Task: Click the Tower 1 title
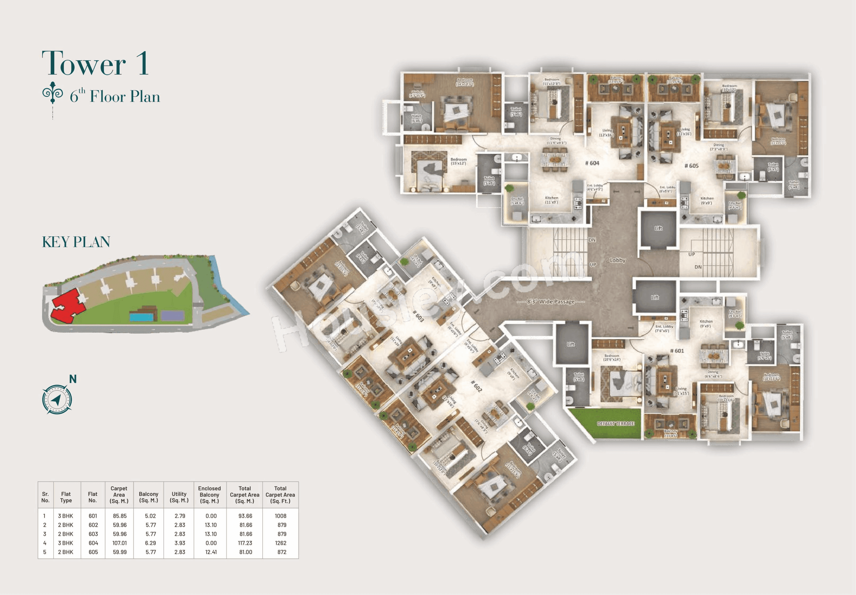(95, 63)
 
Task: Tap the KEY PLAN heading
(76, 242)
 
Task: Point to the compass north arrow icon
(57, 400)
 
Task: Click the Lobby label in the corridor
(617, 260)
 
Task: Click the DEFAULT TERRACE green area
(616, 423)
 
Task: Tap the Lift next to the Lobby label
(658, 228)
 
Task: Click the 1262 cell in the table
(280, 543)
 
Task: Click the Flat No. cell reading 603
(93, 534)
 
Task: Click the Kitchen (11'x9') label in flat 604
(551, 200)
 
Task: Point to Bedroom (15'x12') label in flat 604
(458, 161)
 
